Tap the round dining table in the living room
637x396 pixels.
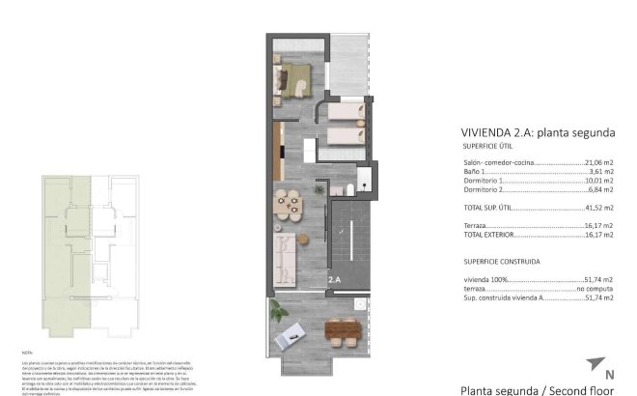click(x=288, y=204)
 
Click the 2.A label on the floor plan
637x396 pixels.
click(x=335, y=280)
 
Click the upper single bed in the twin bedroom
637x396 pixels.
click(x=343, y=114)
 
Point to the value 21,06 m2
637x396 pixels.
click(x=600, y=163)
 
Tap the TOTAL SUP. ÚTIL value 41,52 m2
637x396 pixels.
click(x=600, y=208)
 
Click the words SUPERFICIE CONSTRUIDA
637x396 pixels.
click(x=501, y=261)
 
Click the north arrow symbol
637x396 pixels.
click(x=596, y=368)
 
